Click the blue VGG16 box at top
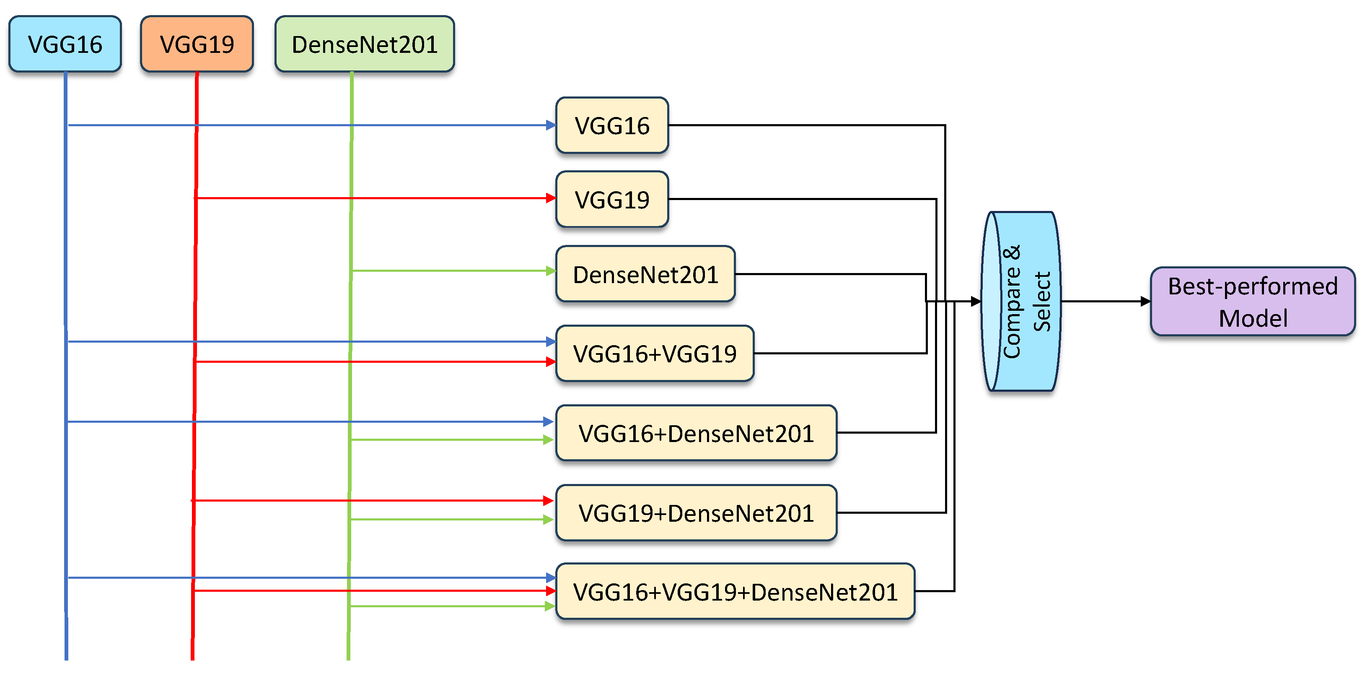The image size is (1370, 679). click(x=65, y=44)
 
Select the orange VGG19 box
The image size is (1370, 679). click(x=197, y=44)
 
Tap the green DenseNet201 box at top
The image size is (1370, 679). click(x=364, y=44)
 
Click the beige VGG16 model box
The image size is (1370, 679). click(x=612, y=125)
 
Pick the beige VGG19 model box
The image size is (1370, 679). click(x=612, y=200)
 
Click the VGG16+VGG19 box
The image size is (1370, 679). click(x=655, y=353)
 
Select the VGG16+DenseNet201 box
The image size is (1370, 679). click(x=696, y=433)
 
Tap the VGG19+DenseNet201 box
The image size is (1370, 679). click(x=696, y=513)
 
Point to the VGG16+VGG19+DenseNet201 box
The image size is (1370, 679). click(x=735, y=592)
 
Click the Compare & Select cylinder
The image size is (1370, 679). click(x=1020, y=301)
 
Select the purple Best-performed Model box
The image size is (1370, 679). click(x=1253, y=302)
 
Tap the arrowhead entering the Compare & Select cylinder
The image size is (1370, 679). click(x=976, y=301)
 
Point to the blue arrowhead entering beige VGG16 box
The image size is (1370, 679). click(x=551, y=125)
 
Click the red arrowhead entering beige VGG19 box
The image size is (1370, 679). click(x=551, y=198)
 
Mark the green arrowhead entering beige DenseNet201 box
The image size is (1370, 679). click(x=551, y=271)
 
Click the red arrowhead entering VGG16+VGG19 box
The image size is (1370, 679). click(x=551, y=362)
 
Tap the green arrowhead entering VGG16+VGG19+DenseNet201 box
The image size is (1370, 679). click(x=550, y=606)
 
